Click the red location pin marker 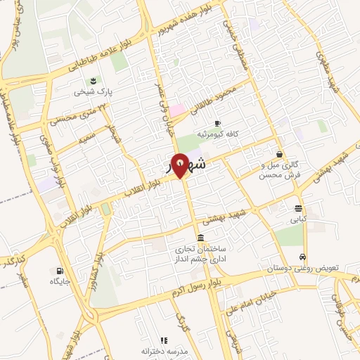click(x=180, y=165)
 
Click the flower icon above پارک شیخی click(x=93, y=78)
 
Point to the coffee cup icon click(x=217, y=122)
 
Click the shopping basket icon click(x=280, y=154)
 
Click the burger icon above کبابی click(x=299, y=208)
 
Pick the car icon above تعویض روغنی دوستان click(x=302, y=257)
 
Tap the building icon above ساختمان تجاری click(x=202, y=237)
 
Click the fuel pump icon click(x=58, y=271)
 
